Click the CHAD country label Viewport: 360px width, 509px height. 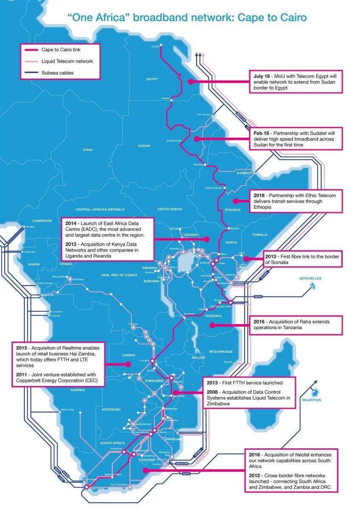click(88, 150)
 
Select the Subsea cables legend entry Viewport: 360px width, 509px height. click(57, 73)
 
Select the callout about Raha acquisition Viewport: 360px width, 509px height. click(295, 324)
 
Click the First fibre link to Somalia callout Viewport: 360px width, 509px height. click(295, 260)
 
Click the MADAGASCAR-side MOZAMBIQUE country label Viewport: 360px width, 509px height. click(221, 352)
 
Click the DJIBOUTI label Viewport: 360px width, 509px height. click(244, 173)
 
